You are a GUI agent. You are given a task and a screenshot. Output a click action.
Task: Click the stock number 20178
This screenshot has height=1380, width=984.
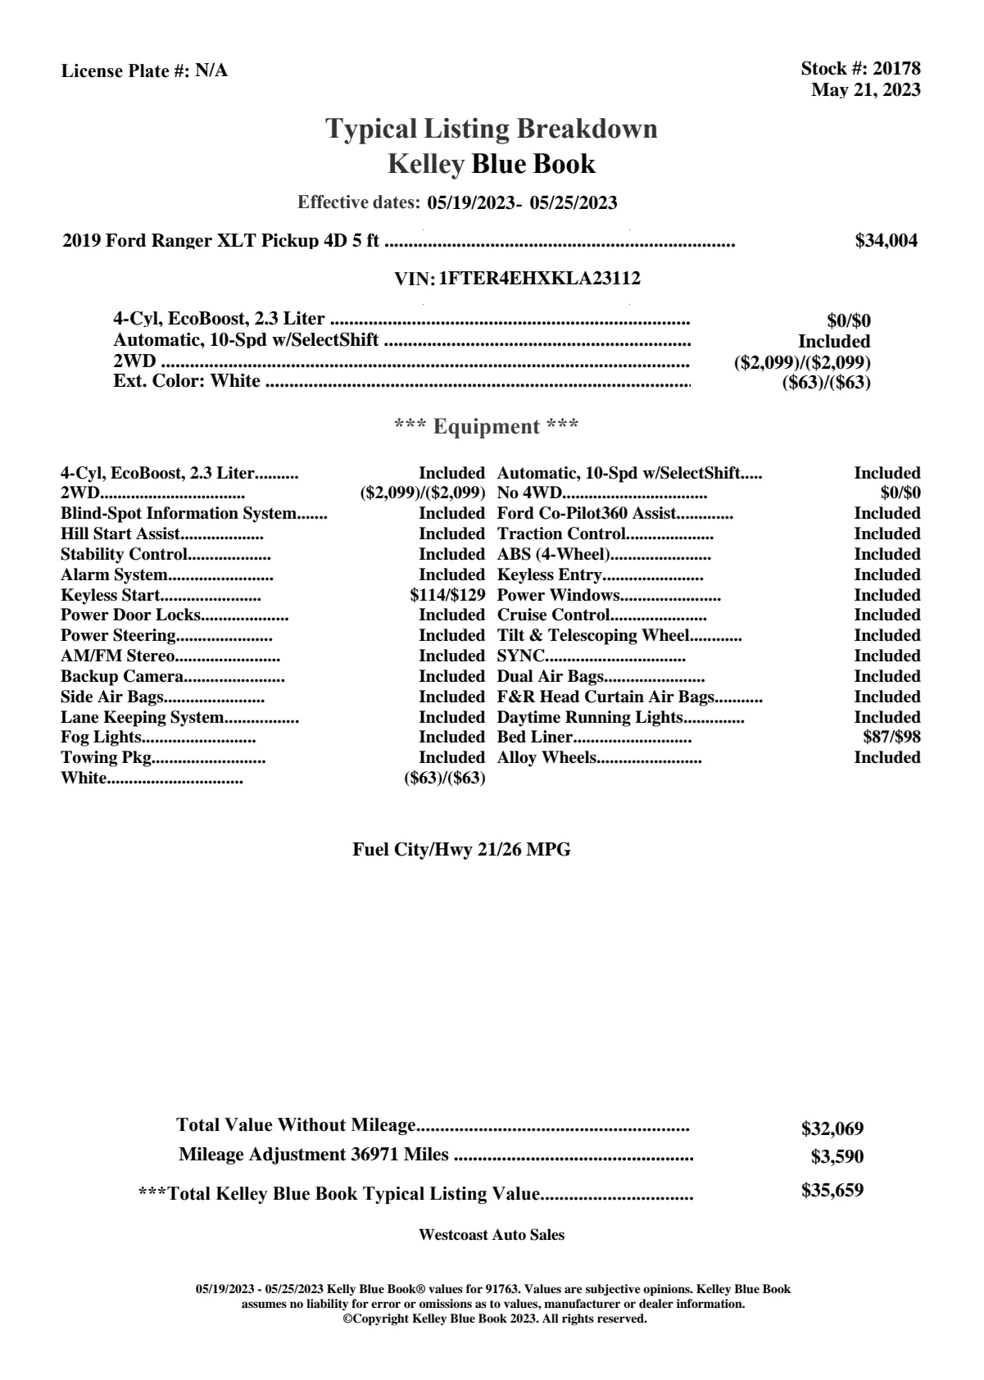(896, 70)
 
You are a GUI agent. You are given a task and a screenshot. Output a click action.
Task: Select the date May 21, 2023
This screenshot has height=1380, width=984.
(865, 90)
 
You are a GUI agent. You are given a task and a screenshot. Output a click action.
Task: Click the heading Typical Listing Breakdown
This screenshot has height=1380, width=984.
(492, 129)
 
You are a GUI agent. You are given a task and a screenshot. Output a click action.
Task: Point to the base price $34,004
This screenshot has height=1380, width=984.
(886, 241)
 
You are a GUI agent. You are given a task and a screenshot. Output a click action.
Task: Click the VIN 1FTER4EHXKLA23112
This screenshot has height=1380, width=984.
(539, 279)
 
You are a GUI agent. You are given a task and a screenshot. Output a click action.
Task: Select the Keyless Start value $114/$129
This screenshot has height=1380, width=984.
(447, 595)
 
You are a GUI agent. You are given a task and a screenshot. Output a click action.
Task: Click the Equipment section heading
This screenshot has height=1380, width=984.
(487, 427)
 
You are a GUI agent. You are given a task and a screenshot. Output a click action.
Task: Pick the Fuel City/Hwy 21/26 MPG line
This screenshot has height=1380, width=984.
(461, 850)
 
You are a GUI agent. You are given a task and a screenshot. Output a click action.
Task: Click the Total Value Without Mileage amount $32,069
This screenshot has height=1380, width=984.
(832, 1128)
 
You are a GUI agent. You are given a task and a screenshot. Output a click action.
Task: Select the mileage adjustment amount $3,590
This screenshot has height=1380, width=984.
(837, 1157)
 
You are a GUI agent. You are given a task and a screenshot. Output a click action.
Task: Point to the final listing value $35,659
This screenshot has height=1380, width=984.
(832, 1190)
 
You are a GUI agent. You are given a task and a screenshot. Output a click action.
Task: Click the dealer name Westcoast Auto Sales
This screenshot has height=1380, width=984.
(491, 1234)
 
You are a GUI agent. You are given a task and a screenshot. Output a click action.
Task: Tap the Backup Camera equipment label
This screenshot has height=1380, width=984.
(121, 676)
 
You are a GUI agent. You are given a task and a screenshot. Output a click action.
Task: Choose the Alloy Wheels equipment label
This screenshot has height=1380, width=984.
(546, 757)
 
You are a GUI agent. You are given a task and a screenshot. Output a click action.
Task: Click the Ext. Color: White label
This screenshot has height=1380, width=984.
(187, 381)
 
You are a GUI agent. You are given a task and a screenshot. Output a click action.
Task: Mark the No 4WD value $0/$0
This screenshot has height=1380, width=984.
(900, 493)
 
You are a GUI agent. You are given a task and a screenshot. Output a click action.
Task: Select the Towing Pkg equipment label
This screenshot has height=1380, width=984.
(107, 757)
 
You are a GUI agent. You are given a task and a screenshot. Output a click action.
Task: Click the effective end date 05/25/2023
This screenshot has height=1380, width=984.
(574, 202)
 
